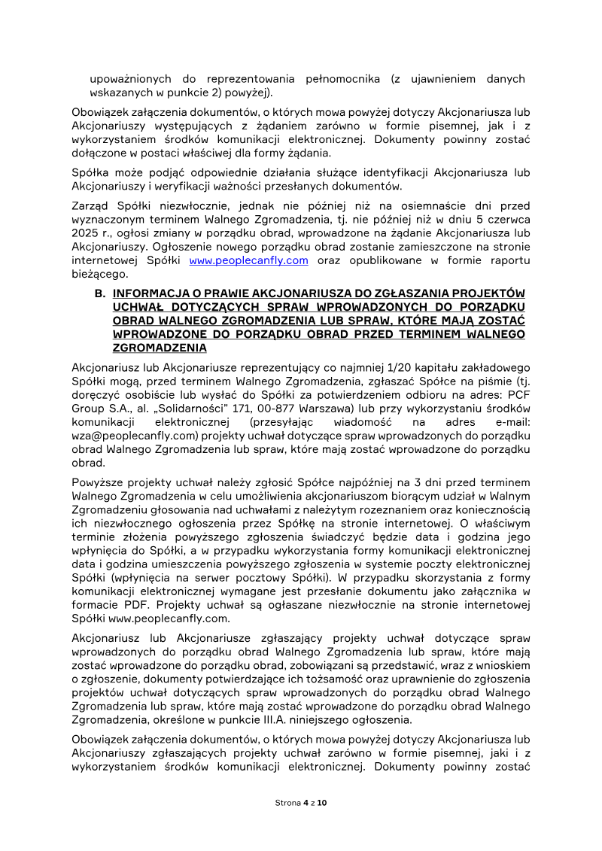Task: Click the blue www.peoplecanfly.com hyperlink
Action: tap(248, 260)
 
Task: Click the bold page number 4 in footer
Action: tap(306, 803)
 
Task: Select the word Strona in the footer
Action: tap(287, 803)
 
